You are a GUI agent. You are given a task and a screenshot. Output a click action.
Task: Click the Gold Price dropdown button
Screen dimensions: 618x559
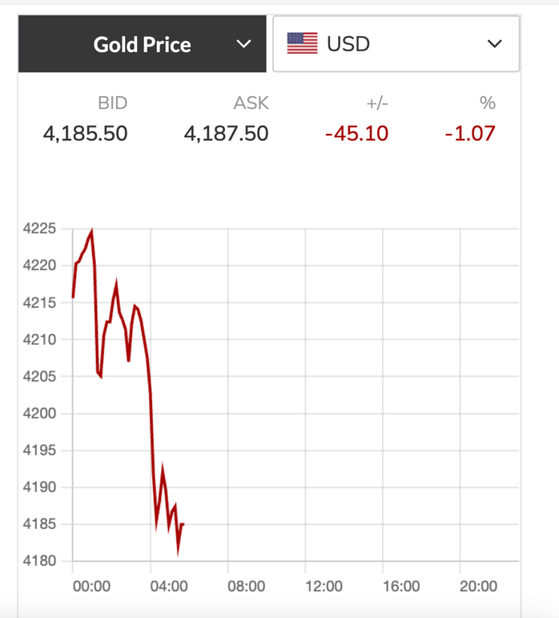click(x=143, y=44)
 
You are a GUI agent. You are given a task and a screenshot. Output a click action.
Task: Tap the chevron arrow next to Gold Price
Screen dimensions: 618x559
click(x=244, y=44)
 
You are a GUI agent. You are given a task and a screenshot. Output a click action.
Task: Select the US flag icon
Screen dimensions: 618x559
click(x=302, y=43)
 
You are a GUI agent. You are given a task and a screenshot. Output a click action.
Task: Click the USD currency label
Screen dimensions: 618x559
click(x=348, y=44)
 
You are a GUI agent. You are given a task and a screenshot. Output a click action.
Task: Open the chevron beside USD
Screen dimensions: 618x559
click(x=494, y=44)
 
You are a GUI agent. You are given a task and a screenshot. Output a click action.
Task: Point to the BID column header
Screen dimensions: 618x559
click(x=112, y=103)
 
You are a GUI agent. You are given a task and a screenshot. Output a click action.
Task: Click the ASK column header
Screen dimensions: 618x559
click(x=251, y=103)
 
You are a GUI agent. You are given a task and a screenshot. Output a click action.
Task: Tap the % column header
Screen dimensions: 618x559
click(x=488, y=103)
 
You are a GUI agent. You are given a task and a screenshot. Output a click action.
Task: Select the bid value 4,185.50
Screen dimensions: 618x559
click(x=85, y=133)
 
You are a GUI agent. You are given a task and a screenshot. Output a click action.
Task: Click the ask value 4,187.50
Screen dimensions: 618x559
click(x=226, y=133)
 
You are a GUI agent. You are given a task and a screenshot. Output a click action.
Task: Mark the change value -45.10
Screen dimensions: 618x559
click(x=356, y=133)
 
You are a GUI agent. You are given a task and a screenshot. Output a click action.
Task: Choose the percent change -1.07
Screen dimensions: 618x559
click(x=470, y=133)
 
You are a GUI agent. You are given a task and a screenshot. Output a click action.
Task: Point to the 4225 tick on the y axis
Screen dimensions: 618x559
click(x=40, y=228)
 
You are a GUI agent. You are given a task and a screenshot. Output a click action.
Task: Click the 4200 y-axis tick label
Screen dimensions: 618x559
click(x=40, y=414)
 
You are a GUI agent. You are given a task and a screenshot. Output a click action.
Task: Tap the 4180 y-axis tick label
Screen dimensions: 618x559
click(x=40, y=561)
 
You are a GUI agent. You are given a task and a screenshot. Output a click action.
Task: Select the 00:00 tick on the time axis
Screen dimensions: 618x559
click(x=91, y=587)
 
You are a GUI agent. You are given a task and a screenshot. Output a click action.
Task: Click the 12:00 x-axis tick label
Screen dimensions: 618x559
click(x=324, y=587)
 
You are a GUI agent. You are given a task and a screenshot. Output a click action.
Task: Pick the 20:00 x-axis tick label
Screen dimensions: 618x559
click(x=478, y=587)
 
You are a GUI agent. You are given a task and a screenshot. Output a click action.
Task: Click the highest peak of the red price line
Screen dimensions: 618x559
click(x=91, y=232)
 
